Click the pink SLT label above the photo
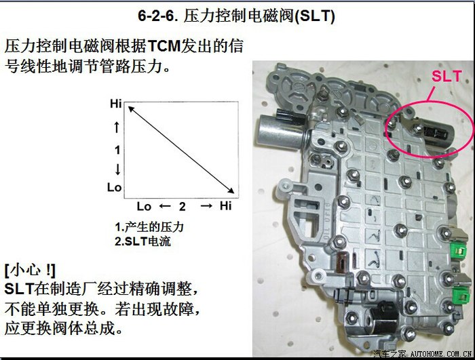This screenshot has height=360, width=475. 446,76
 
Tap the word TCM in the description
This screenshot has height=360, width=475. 164,46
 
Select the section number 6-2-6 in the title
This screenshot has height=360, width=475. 157,16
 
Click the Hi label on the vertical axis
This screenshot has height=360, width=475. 116,104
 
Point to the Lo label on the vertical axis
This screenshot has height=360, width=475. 114,187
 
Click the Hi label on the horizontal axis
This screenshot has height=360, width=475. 226,206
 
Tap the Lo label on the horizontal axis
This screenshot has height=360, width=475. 144,206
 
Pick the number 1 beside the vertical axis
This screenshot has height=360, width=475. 117,150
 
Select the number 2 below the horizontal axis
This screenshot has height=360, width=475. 182,207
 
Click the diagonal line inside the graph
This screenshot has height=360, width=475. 181,150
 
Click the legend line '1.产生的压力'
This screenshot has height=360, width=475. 149,226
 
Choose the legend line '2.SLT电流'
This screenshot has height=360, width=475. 142,241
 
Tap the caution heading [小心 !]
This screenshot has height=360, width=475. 31,270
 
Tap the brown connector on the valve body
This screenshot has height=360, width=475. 343,262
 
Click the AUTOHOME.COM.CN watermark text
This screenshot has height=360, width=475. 441,354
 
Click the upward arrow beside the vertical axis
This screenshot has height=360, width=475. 117,127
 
